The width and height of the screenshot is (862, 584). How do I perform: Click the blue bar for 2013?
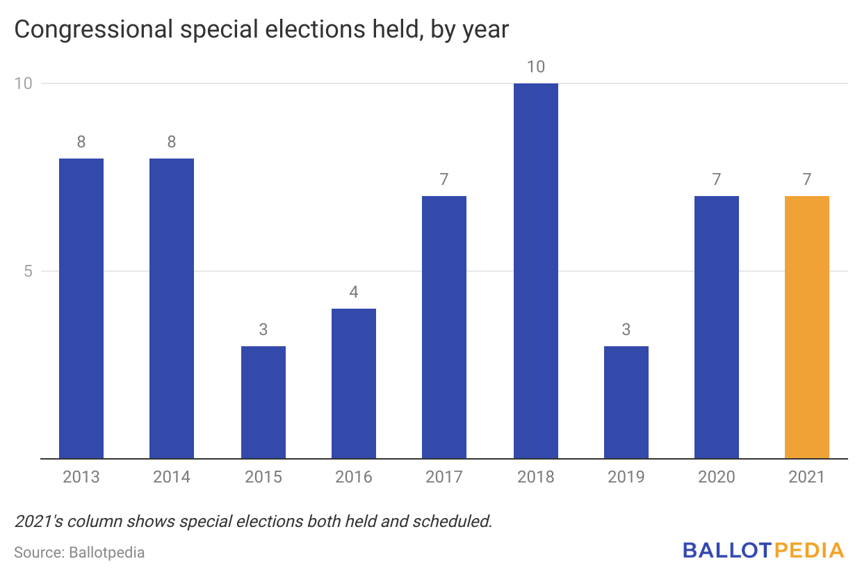81,309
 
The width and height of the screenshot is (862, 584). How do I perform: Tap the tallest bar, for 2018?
535,271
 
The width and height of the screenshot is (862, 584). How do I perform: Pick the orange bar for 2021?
806,327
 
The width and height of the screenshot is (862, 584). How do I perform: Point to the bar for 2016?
354,384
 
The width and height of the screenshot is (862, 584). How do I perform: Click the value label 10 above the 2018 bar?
535,67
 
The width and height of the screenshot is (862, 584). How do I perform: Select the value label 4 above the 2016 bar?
354,292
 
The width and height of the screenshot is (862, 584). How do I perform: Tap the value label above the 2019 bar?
626,330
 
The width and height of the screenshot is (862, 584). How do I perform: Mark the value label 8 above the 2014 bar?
172,142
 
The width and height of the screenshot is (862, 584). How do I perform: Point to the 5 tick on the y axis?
29,271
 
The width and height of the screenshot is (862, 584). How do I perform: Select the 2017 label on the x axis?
444,477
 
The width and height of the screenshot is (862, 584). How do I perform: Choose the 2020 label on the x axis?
716,477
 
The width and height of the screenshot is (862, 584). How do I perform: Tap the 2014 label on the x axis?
172,477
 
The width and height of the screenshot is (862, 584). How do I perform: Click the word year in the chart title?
486,30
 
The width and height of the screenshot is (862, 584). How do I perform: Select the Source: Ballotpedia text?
79,553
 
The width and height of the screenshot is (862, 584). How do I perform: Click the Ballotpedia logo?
763,551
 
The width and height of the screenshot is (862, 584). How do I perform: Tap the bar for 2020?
716,327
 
